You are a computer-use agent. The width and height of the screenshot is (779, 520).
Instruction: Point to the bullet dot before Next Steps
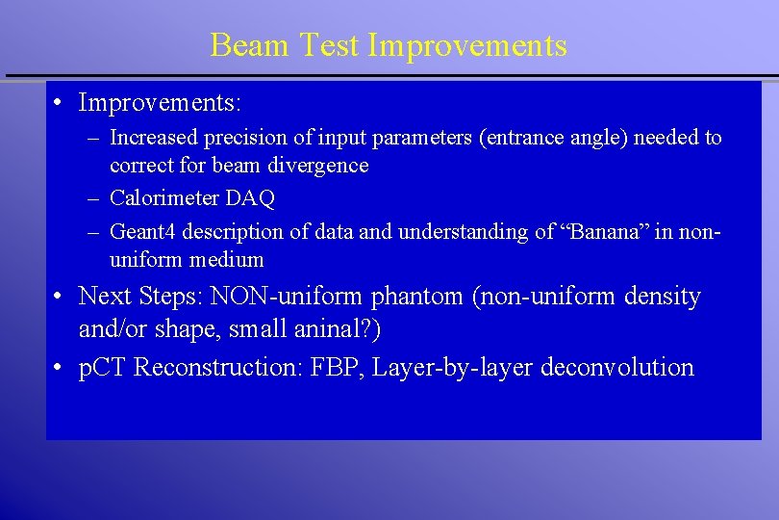(60, 297)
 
